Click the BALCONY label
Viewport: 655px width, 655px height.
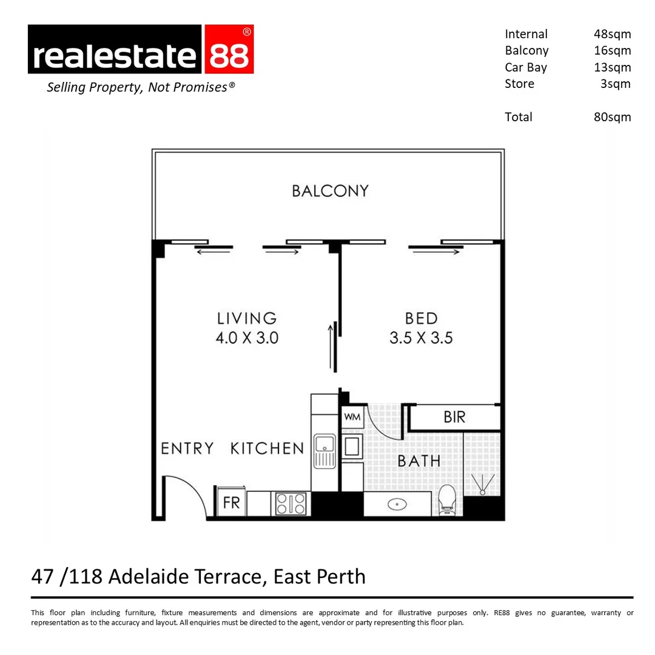coord(330,191)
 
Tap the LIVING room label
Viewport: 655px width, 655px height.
coord(247,318)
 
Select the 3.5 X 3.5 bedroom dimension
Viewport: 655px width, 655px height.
coord(421,338)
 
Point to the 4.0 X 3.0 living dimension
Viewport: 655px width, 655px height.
coord(247,338)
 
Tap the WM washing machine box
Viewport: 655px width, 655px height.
coord(352,418)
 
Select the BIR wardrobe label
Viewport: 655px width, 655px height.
coord(454,417)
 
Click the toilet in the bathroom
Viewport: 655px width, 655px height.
coord(447,500)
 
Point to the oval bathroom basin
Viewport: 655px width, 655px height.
coord(397,503)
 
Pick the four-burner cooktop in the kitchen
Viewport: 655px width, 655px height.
coord(291,503)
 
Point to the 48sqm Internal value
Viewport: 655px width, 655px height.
coord(612,35)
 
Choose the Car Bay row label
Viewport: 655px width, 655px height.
coord(526,67)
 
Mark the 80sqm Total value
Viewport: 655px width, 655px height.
coord(612,117)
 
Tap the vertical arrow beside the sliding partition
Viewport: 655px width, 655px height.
coord(332,347)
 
